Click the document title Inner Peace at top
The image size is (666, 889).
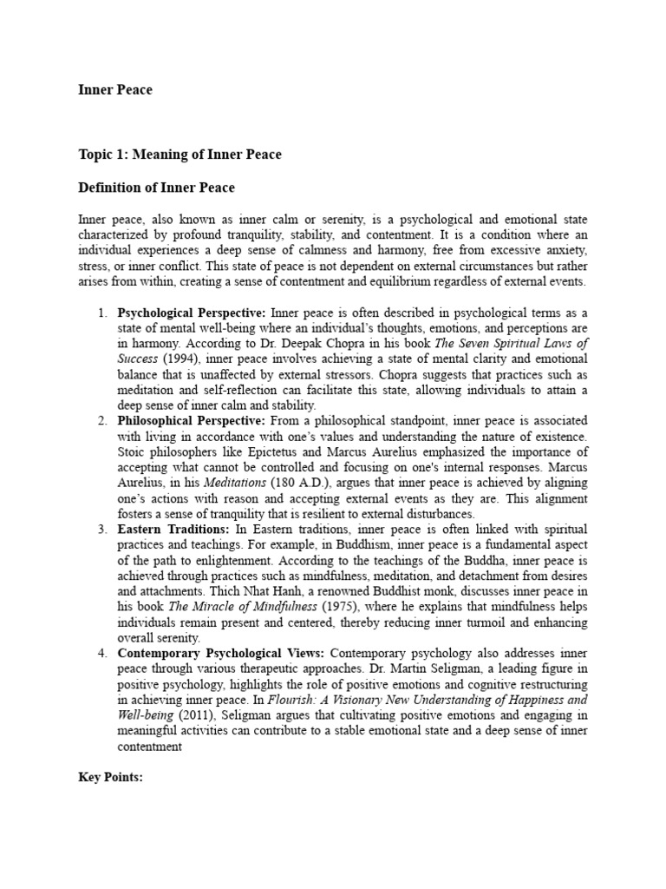coord(114,89)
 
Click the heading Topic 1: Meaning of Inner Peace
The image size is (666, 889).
coord(180,155)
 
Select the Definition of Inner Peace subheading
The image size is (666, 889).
coord(156,188)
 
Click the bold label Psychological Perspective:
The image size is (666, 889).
coord(193,313)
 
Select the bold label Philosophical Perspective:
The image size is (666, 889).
coord(191,421)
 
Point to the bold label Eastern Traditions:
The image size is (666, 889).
coord(171,529)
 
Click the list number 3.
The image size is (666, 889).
coord(101,529)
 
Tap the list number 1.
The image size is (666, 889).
coord(101,313)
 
